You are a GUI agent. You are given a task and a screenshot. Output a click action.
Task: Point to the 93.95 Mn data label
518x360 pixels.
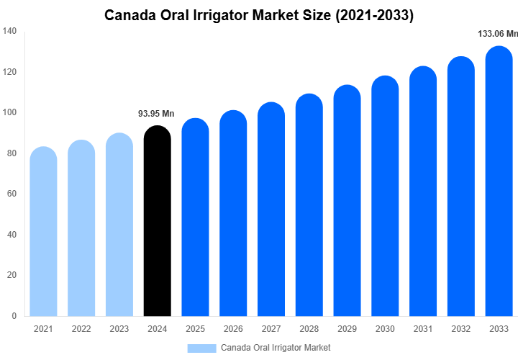tap(156, 114)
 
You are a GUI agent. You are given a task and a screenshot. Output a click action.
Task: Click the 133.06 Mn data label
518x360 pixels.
tap(498, 34)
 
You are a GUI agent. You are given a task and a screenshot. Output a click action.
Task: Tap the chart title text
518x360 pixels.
tap(259, 14)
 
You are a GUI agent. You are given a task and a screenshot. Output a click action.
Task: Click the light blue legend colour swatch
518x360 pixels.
tap(201, 348)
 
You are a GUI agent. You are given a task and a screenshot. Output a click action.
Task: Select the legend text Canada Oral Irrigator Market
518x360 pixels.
tap(276, 348)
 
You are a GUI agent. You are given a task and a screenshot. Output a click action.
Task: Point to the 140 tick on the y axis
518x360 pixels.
tap(10, 31)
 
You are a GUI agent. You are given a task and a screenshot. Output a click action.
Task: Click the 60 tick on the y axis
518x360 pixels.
tap(12, 194)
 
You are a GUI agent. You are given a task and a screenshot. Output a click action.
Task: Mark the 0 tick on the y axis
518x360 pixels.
tap(14, 316)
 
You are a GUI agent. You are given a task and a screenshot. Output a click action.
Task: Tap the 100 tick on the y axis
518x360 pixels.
tap(10, 112)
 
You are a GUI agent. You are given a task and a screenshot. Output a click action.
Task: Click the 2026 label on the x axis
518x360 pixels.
tap(233, 329)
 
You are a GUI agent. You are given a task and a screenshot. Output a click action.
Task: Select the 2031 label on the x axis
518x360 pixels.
tap(423, 329)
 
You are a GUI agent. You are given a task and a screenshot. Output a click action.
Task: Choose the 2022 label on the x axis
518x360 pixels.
tap(81, 329)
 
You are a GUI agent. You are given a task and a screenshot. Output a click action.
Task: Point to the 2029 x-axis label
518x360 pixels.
tap(347, 329)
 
